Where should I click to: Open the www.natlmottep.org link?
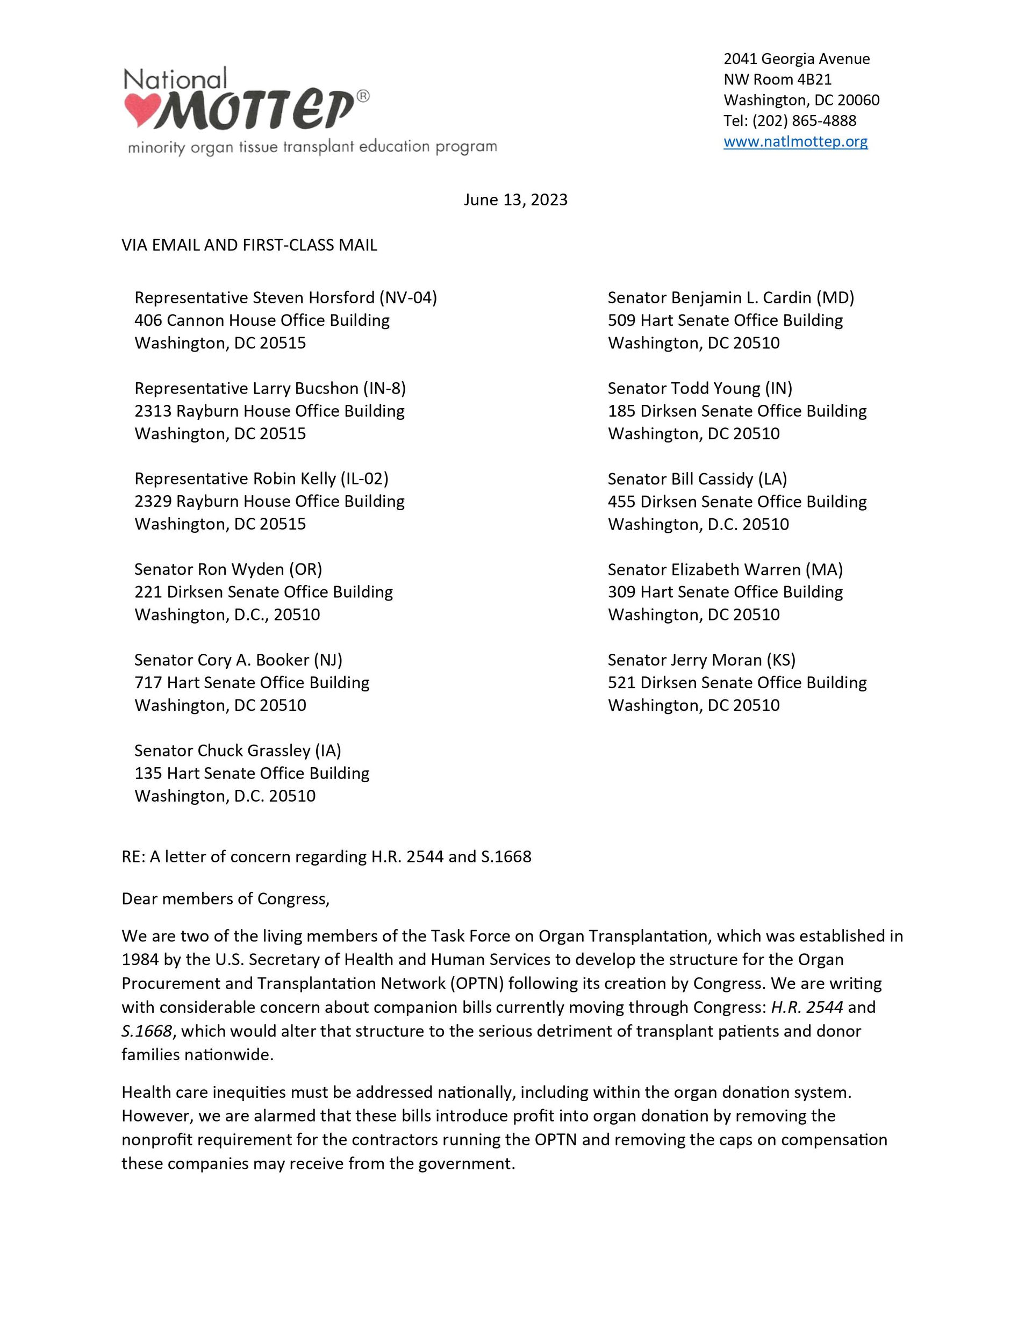[x=795, y=141]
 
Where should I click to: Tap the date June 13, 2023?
[x=515, y=200]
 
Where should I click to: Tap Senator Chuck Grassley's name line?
[x=238, y=751]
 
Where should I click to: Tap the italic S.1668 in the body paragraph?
[x=146, y=1031]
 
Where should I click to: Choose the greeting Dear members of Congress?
[x=225, y=898]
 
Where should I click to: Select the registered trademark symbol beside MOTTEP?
[x=363, y=96]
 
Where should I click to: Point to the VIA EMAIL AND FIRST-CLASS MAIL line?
[x=249, y=245]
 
